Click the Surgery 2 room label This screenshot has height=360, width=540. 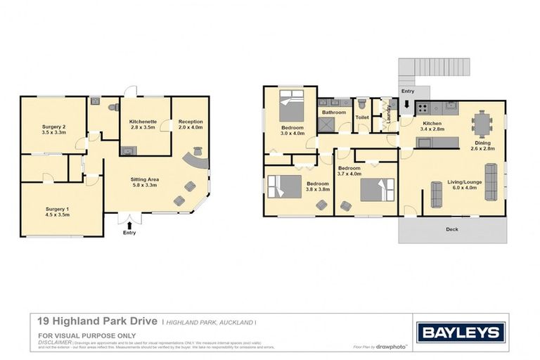(54, 126)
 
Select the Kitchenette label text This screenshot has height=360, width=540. (143, 122)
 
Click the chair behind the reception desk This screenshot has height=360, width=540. (198, 150)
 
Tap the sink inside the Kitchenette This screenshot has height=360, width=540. (127, 150)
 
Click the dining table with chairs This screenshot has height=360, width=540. (482, 125)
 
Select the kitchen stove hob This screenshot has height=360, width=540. (423, 108)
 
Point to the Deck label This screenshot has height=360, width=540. (453, 229)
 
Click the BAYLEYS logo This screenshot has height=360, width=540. (461, 332)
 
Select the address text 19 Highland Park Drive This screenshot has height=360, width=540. (97, 321)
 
